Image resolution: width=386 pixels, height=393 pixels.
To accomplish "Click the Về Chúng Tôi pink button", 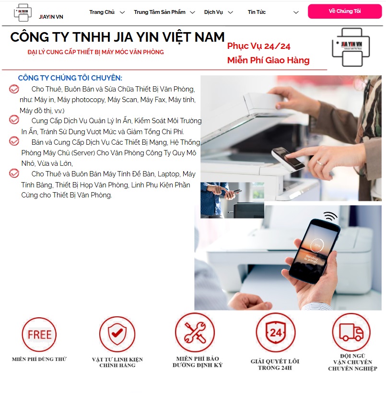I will [x=344, y=11].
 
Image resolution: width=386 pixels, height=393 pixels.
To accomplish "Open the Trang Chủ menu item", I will [x=102, y=12].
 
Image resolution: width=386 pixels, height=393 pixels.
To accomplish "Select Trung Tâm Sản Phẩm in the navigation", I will [x=159, y=12].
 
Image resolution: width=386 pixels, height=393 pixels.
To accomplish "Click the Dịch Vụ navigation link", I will [x=213, y=12].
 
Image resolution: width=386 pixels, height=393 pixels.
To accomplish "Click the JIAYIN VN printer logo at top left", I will [x=22, y=13].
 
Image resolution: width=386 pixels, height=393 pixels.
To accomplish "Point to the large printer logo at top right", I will [x=354, y=47].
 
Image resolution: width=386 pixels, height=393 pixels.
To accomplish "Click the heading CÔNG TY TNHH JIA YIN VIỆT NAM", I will [x=117, y=37].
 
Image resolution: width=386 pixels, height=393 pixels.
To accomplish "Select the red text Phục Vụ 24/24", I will [x=258, y=46].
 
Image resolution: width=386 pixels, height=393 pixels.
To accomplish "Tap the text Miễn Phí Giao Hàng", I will [x=268, y=60].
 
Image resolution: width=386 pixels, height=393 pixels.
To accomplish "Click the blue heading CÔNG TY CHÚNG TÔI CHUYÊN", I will [x=70, y=78].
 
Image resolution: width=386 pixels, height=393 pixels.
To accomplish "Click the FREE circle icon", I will [x=39, y=335].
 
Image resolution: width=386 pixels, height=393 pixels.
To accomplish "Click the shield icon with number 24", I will [x=275, y=332].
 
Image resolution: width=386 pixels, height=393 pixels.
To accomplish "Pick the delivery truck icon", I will [x=351, y=332].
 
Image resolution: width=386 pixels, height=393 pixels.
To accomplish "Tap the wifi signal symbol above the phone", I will [x=330, y=216].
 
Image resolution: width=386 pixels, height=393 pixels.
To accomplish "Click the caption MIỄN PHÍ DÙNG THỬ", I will [x=39, y=359].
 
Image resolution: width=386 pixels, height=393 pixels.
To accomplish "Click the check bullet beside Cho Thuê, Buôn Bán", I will [x=14, y=89].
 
